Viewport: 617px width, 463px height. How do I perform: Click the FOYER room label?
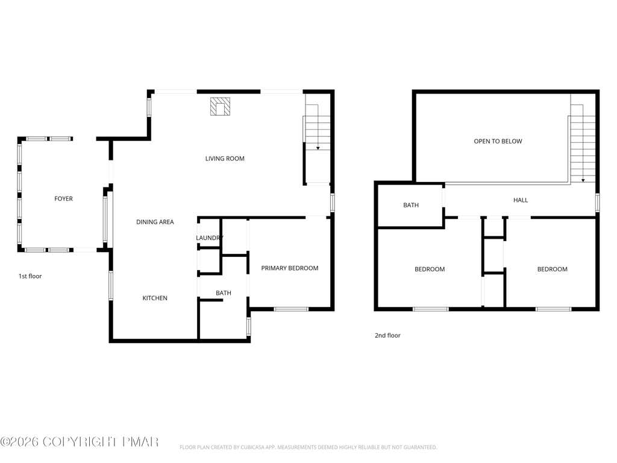63,199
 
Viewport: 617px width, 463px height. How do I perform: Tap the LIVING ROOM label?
225,159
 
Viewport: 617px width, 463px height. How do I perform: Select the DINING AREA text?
155,222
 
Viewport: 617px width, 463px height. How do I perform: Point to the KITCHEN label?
155,298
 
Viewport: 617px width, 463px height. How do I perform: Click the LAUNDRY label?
210,238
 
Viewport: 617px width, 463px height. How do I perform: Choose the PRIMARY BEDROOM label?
290,268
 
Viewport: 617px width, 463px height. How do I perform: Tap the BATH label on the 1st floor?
223,293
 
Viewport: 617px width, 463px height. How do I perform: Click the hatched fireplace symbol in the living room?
220,106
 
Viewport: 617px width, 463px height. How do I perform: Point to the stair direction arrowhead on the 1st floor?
318,148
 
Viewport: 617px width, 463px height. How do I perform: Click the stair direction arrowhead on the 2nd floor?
583,180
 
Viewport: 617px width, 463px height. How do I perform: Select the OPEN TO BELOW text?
498,141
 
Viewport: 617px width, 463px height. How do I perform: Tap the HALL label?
520,200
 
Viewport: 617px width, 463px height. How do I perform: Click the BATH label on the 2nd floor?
411,205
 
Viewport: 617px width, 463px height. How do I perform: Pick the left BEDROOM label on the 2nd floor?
430,269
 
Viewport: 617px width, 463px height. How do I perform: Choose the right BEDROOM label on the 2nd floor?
553,269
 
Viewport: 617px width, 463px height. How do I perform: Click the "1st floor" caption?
30,276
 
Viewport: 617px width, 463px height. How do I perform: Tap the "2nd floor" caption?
387,335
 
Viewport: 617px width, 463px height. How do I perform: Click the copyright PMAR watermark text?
79,442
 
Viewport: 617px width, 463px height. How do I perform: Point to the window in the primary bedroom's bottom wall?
291,309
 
